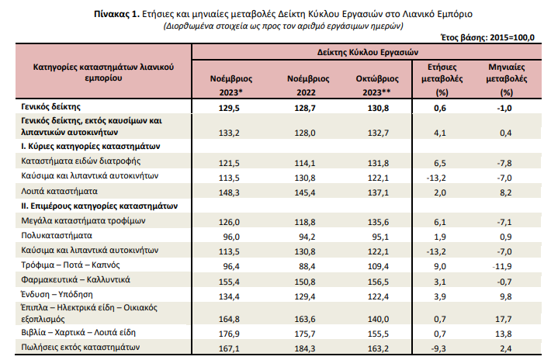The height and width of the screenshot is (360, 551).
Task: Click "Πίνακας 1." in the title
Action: (x=117, y=14)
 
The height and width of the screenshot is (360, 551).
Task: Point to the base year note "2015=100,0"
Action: (x=512, y=37)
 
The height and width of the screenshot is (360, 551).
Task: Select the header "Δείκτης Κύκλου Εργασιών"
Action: (x=368, y=52)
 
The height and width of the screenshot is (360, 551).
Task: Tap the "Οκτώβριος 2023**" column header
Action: (x=377, y=85)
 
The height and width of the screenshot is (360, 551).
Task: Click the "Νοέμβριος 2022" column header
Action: (x=308, y=85)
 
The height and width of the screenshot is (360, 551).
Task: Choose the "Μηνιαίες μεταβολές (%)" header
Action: (x=506, y=80)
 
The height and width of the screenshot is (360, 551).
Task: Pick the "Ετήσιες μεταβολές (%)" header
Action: (x=442, y=80)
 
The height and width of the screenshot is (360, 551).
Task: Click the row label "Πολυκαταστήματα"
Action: (x=57, y=235)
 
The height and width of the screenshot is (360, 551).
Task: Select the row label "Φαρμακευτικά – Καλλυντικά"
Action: (x=75, y=279)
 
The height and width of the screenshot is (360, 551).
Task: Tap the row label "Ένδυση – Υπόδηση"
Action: (x=57, y=294)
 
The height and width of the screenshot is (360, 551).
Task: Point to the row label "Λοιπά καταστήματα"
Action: (x=60, y=192)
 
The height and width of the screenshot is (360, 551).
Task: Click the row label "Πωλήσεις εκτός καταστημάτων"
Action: (x=81, y=347)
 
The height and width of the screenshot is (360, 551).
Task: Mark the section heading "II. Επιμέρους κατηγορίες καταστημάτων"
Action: (x=99, y=206)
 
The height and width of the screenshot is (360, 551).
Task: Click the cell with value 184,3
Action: (x=305, y=348)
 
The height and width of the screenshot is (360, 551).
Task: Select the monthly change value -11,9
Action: (x=502, y=266)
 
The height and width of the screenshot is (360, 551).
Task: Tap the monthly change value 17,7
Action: (x=503, y=319)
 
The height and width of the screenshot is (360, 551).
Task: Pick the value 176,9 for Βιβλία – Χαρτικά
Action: (x=229, y=334)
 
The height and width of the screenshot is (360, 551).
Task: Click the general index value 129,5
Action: (x=229, y=108)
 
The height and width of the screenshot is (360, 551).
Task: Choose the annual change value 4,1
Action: (x=440, y=133)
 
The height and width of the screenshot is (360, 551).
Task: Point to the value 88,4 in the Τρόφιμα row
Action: (x=307, y=266)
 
